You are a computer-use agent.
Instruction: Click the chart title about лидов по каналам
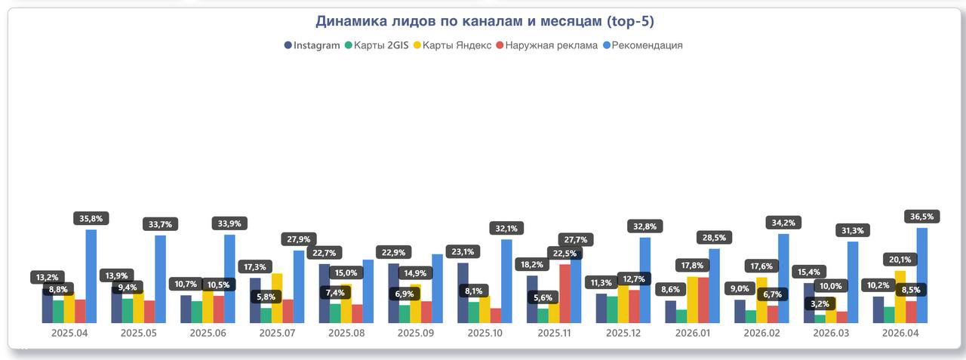pyautogui.click(x=484, y=21)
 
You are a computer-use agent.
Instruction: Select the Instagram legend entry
pyautogui.click(x=312, y=45)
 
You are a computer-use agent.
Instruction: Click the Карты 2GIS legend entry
pyautogui.click(x=377, y=45)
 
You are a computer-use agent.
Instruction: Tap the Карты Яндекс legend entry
pyautogui.click(x=451, y=45)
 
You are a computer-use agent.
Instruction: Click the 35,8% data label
pyautogui.click(x=94, y=219)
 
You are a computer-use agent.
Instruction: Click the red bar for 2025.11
pyautogui.click(x=565, y=294)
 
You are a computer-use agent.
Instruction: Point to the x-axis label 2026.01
pyautogui.click(x=693, y=333)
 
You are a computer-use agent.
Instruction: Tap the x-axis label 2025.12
pyautogui.click(x=623, y=333)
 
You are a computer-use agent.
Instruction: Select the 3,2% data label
pyautogui.click(x=819, y=304)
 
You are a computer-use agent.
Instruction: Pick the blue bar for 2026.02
pyautogui.click(x=783, y=278)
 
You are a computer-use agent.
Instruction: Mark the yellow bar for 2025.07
pyautogui.click(x=277, y=298)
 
